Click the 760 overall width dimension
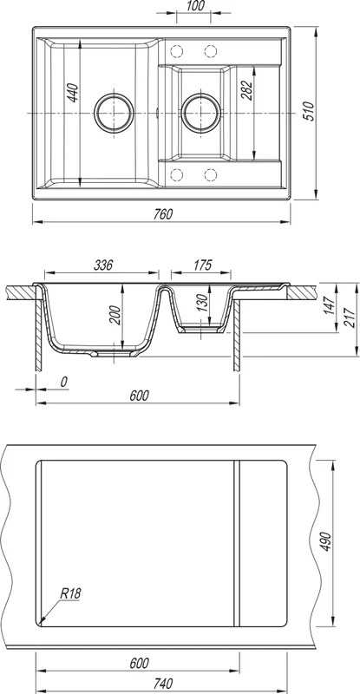tap(162, 213)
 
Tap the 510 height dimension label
tap(309, 111)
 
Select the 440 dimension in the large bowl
tap(73, 93)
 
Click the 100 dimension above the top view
tap(193, 6)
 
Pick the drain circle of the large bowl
tap(114, 113)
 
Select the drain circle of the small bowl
tap(200, 113)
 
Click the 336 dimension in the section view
tap(103, 265)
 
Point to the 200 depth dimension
tap(115, 315)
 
